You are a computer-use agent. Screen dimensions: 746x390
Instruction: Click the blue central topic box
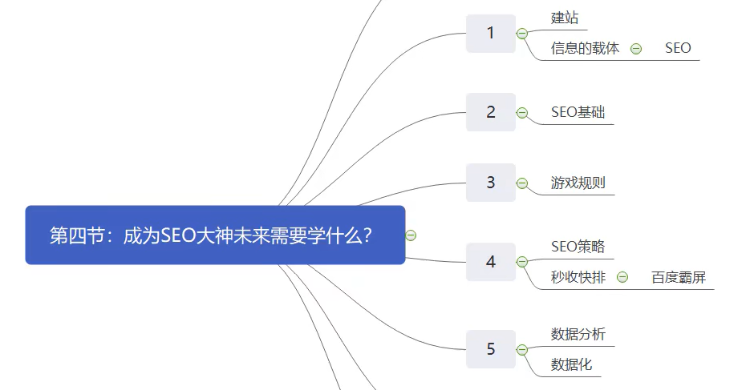click(215, 235)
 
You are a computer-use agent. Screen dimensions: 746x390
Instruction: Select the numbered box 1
click(491, 34)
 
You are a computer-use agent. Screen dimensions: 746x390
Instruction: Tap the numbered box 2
click(491, 112)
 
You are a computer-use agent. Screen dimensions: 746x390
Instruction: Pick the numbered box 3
click(491, 183)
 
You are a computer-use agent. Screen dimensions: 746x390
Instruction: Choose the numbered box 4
click(491, 262)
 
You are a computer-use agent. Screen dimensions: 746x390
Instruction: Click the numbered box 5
click(491, 349)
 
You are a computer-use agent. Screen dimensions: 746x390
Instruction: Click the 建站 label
click(565, 18)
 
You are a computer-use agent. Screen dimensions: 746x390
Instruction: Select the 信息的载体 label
click(585, 48)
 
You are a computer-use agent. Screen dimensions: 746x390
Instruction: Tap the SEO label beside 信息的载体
click(678, 48)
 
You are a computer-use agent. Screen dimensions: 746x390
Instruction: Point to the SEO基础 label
click(578, 112)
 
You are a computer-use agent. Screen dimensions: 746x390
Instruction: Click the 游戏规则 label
click(578, 183)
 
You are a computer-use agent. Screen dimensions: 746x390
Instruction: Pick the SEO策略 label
click(578, 246)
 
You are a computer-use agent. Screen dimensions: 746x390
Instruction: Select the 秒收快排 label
click(578, 277)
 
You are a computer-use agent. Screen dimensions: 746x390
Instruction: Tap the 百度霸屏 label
click(679, 277)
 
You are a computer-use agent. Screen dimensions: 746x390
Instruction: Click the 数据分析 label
click(578, 334)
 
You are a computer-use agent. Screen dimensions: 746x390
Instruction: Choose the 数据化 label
click(571, 364)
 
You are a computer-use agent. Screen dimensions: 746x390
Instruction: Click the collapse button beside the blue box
click(411, 235)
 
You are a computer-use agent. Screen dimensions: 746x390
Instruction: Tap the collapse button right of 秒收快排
click(622, 277)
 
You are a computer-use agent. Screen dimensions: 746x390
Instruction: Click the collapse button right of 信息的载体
click(636, 48)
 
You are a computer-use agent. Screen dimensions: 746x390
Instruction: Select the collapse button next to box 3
click(522, 183)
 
